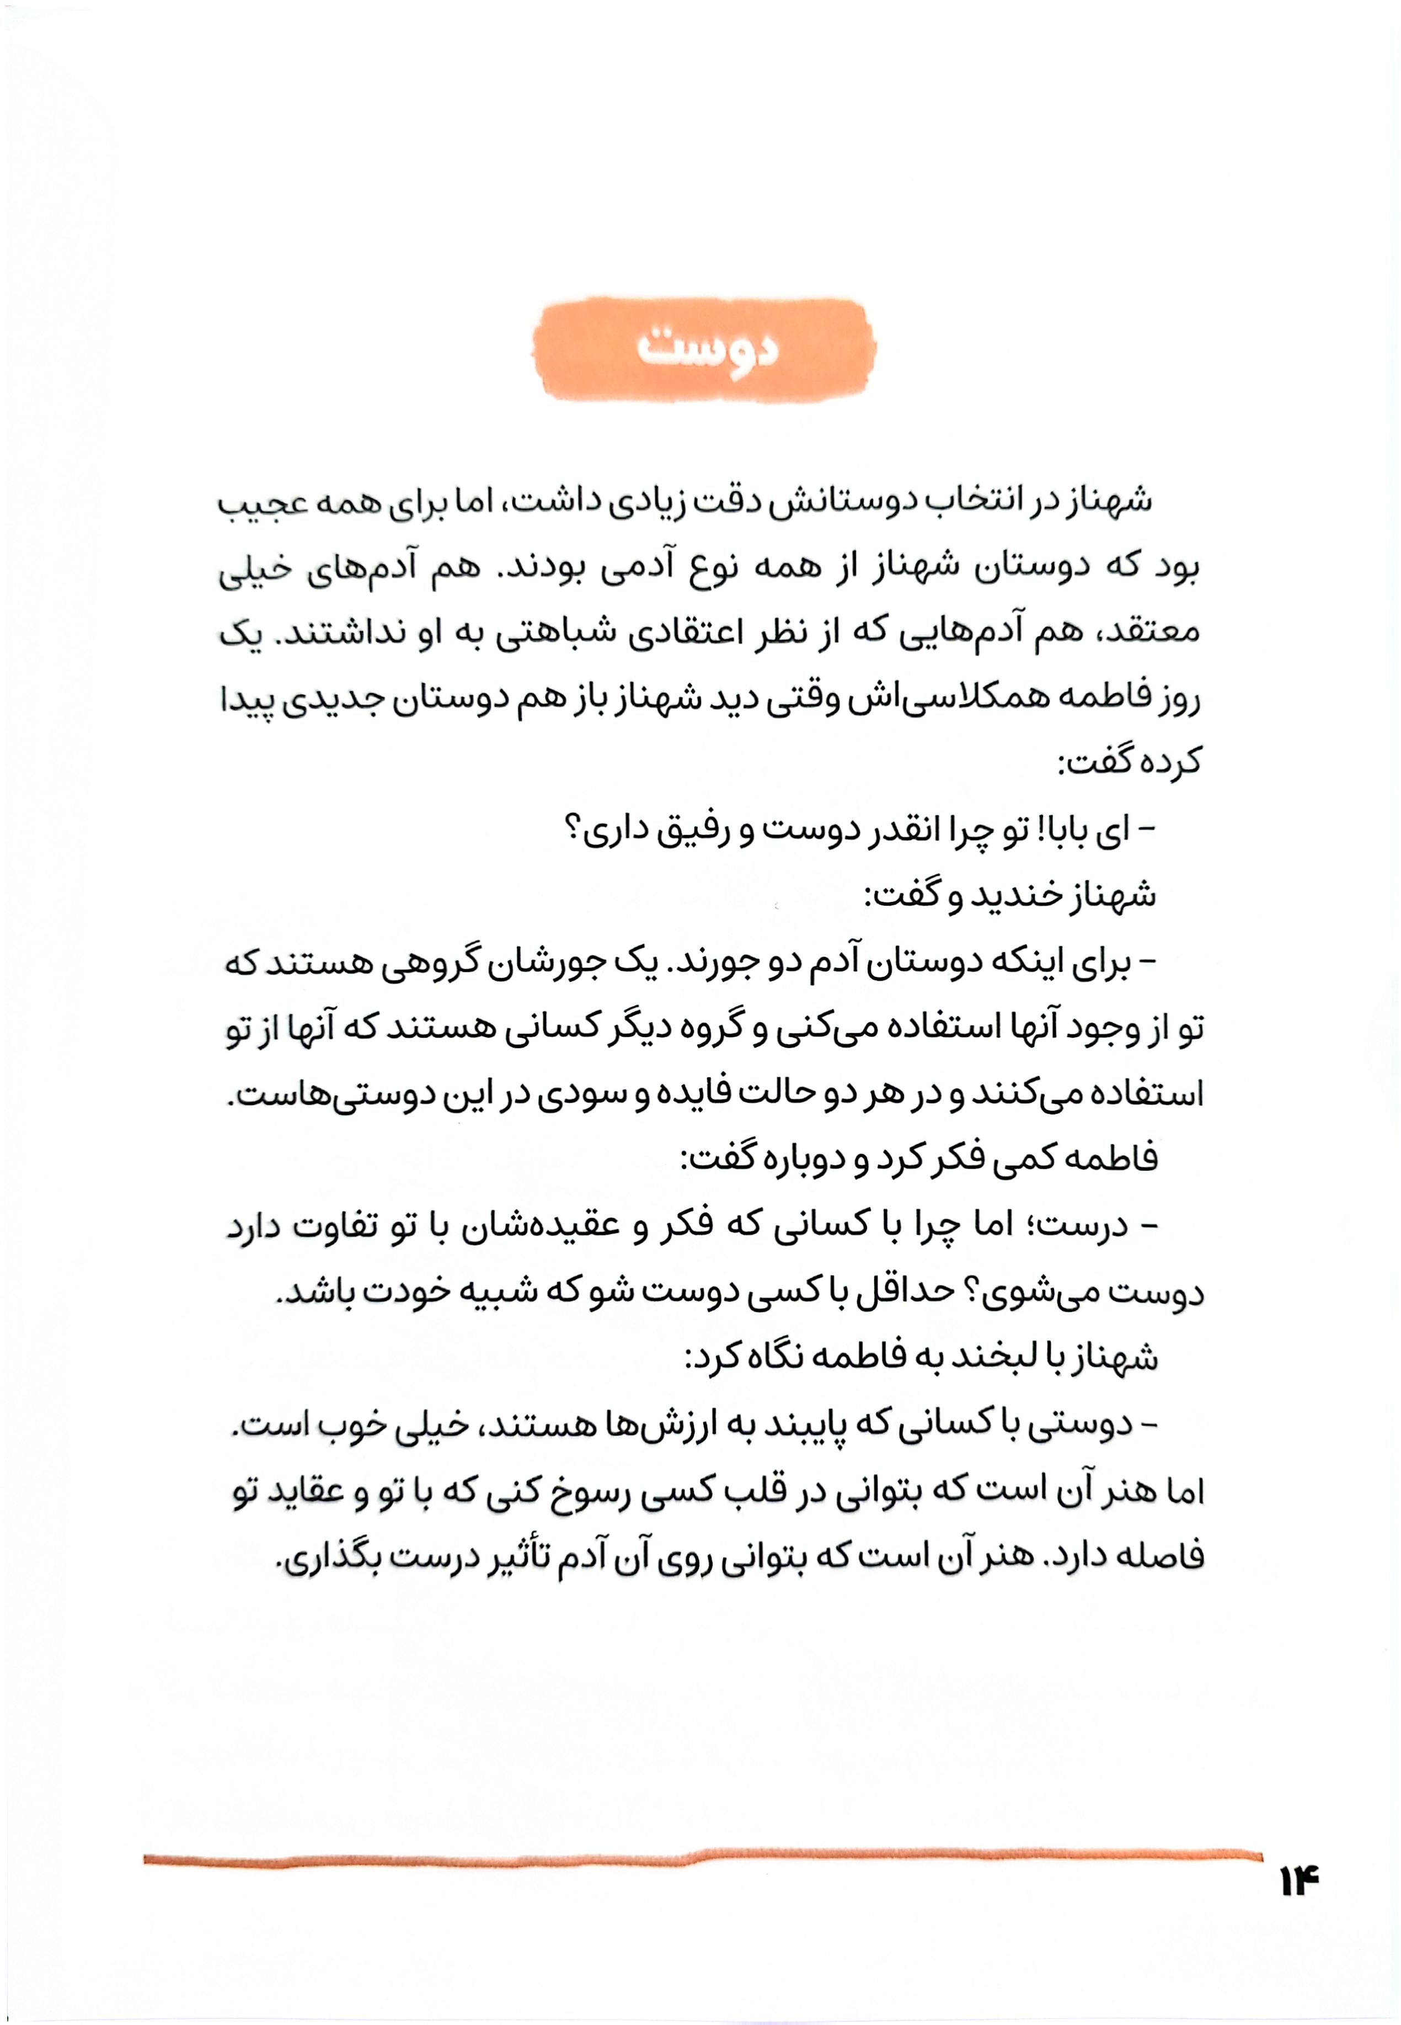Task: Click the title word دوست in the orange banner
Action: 707,349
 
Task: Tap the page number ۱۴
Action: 1299,1882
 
